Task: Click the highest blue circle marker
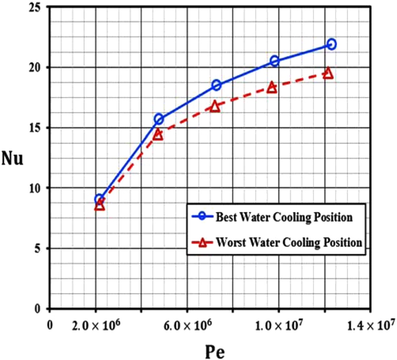[x=331, y=44]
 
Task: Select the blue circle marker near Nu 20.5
[x=274, y=61]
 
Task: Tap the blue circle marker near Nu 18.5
[x=216, y=85]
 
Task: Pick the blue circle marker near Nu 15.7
[x=159, y=119]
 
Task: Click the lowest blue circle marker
[x=99, y=200]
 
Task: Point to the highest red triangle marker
[x=328, y=73]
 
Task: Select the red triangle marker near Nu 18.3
[x=272, y=88]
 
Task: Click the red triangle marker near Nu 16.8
[x=215, y=106]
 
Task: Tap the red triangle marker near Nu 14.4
[x=158, y=135]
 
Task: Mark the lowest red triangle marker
[x=100, y=205]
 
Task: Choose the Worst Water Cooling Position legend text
[x=290, y=242]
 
